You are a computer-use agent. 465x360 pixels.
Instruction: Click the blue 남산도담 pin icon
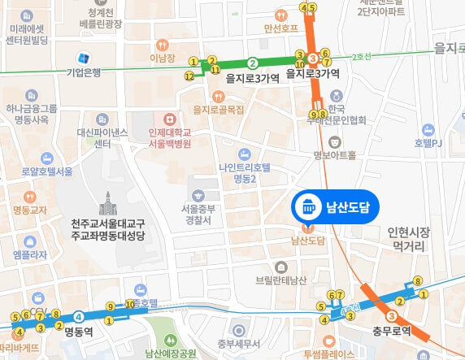(x=309, y=206)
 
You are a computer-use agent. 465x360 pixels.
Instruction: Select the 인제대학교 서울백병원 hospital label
(x=164, y=137)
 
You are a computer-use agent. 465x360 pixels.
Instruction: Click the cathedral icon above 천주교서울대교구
(x=106, y=201)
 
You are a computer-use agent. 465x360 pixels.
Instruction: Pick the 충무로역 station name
(x=393, y=332)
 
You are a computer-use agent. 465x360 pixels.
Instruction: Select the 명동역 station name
(x=79, y=332)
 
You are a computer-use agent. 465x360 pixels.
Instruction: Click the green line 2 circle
(x=253, y=63)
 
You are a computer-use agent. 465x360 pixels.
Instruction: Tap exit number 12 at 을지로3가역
(x=189, y=76)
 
